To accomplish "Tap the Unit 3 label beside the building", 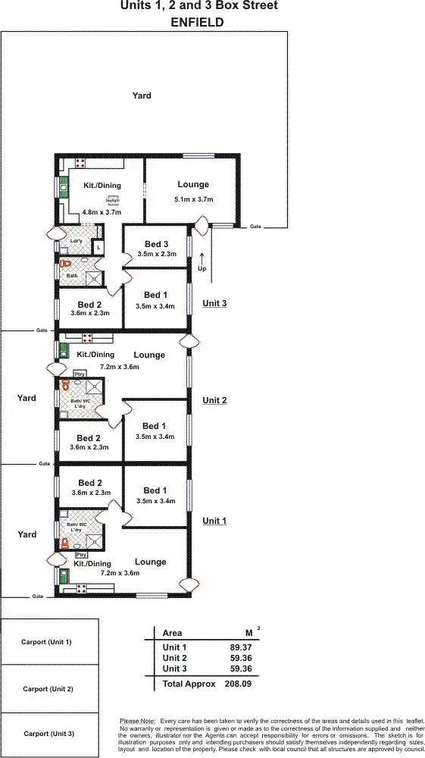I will click(x=214, y=303).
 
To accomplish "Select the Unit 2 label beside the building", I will click(x=214, y=400).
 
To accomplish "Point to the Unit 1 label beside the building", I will click(x=214, y=521).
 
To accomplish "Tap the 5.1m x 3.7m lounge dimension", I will click(x=193, y=199).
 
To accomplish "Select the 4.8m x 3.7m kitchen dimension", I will click(x=91, y=213).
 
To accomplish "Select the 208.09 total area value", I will click(x=238, y=684).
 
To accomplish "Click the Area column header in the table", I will click(x=173, y=632).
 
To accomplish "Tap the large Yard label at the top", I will click(x=142, y=96).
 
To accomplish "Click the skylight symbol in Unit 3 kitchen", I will click(x=114, y=199).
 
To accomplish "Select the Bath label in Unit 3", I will click(x=72, y=275).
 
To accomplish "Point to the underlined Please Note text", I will click(x=137, y=720).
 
